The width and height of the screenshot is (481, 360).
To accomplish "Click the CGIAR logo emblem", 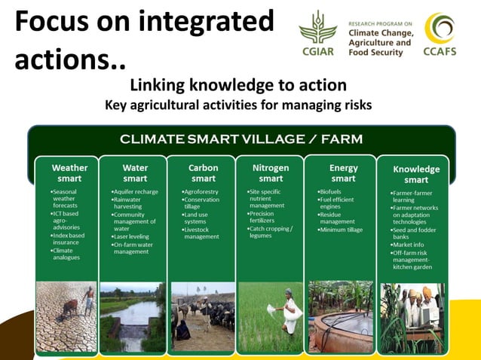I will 317,30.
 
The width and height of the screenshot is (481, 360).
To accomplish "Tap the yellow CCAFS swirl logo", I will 439,29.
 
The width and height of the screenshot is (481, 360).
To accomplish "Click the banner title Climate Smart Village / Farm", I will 241,139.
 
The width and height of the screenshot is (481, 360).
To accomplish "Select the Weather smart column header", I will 69,173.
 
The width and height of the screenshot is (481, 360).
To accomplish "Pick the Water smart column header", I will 135,173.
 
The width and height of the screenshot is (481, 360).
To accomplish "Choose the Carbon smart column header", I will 203,173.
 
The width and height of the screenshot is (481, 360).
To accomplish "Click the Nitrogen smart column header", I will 271,173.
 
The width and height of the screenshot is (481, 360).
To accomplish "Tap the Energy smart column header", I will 343,173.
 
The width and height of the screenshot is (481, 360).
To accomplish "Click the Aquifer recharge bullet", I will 136,192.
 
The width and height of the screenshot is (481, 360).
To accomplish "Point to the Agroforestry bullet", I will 201,192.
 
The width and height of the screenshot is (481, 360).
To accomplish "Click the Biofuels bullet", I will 332,192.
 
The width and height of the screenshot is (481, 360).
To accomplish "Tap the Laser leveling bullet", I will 131,236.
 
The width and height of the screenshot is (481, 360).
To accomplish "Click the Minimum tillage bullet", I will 344,229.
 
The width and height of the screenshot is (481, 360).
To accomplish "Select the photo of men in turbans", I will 413,316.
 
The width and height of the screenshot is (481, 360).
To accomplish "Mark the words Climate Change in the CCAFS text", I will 381,33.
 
